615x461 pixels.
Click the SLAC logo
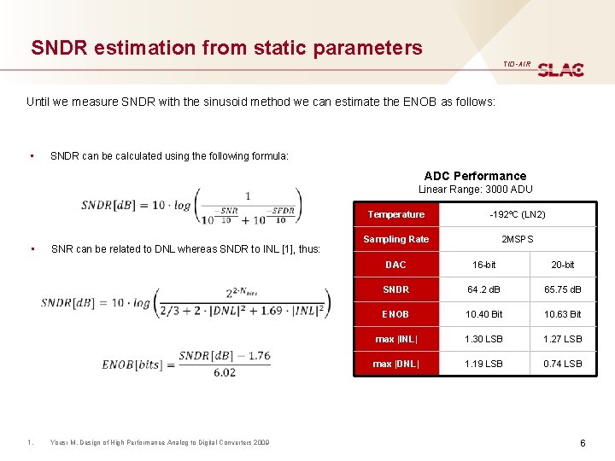pos(560,69)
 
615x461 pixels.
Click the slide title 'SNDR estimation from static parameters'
pos(226,48)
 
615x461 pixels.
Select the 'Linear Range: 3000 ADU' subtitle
pos(476,189)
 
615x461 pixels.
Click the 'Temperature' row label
pos(395,214)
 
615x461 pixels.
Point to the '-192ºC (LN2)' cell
pos(517,214)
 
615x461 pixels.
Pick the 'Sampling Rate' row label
pos(395,239)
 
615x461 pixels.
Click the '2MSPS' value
pos(517,239)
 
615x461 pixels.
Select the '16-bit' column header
pos(483,265)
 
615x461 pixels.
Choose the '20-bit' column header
pos(562,265)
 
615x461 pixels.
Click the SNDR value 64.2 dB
pos(483,289)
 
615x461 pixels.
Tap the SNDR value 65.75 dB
pos(562,289)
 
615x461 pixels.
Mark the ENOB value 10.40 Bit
pos(483,314)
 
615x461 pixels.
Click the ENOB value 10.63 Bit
pos(562,314)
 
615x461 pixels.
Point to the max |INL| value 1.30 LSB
pos(483,339)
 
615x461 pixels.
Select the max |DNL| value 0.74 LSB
pos(562,364)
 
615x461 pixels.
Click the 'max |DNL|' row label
pos(395,364)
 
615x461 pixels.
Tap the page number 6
pos(582,443)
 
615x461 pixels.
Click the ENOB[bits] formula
pos(186,364)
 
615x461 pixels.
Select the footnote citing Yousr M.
pos(160,442)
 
